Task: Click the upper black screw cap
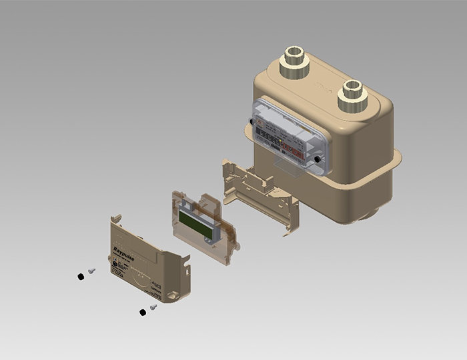point(81,276)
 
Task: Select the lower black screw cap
point(142,312)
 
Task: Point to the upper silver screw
point(91,271)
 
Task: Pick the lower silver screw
point(153,307)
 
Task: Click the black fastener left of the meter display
point(252,123)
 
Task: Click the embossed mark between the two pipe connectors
point(322,87)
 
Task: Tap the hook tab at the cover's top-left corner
point(114,219)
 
